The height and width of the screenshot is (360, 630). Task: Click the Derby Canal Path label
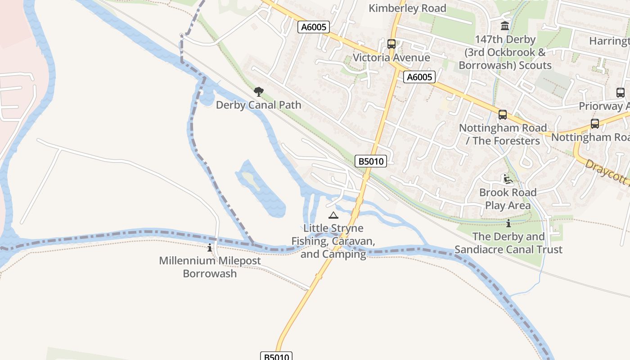click(258, 105)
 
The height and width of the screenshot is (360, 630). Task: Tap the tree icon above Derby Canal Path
click(258, 92)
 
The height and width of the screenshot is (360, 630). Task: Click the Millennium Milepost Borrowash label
click(210, 267)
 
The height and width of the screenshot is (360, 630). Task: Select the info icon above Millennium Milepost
click(210, 247)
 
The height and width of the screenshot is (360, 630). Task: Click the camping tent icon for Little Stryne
click(333, 216)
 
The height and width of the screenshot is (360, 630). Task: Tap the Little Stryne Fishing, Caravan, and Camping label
click(333, 241)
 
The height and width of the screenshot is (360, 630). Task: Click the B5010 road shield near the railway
click(370, 161)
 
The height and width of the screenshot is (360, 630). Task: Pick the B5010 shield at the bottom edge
click(276, 356)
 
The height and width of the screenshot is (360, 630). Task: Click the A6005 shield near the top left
click(314, 27)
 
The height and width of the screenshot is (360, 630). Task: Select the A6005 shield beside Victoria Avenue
click(419, 77)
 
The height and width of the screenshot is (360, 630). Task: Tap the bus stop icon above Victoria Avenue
click(391, 44)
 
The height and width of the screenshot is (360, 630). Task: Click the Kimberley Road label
click(407, 8)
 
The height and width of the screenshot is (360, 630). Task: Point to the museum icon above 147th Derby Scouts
click(505, 26)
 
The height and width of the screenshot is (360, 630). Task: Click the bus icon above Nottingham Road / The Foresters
click(503, 115)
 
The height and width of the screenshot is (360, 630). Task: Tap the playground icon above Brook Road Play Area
click(508, 179)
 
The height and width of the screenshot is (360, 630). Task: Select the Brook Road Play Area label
click(508, 199)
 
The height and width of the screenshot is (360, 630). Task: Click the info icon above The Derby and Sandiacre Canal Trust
click(508, 223)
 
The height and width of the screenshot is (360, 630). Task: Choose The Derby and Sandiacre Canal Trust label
click(508, 243)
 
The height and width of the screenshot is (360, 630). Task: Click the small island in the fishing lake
click(249, 179)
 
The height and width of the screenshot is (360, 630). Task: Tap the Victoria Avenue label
click(391, 58)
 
